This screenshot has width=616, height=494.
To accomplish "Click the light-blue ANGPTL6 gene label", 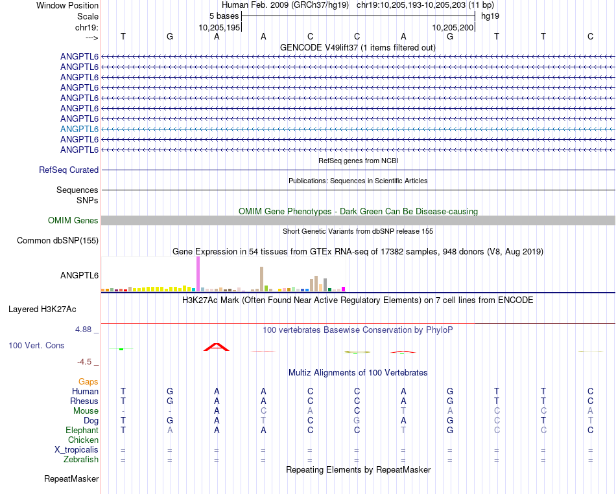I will [79, 129].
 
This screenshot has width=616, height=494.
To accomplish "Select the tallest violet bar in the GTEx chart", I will [198, 274].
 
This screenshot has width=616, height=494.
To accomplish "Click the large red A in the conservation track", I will [217, 347].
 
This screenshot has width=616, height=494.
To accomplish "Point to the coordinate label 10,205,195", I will [220, 28].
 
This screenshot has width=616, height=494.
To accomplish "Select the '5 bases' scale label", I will [224, 16].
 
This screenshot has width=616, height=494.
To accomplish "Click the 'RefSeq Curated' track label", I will [69, 170].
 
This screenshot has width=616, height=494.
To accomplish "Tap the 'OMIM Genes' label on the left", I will [73, 221].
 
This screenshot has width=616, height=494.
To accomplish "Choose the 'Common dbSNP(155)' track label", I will [57, 241].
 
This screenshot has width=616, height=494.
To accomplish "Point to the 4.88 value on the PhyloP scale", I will [85, 330].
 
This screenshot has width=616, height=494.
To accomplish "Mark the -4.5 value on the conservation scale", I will [87, 362].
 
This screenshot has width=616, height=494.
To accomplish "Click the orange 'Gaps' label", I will [88, 382].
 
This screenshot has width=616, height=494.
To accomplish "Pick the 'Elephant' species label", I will [82, 431].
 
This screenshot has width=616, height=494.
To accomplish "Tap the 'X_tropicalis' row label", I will [77, 450].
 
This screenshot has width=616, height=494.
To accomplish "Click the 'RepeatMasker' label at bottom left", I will [71, 479].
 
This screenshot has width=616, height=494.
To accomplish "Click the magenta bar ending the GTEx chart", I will [344, 289].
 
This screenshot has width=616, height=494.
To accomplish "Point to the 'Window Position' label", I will [67, 5].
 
